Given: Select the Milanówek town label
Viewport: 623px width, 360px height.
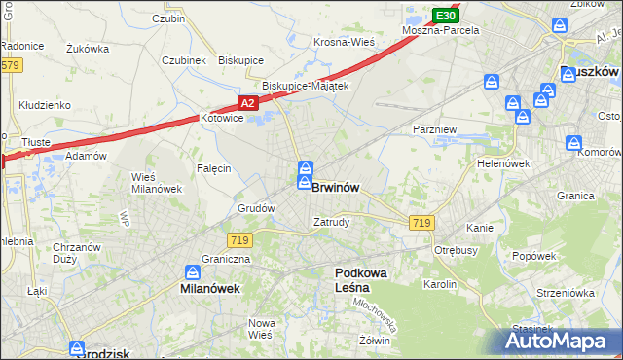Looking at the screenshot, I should click(x=210, y=289).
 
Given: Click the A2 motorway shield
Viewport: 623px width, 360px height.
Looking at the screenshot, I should click(x=247, y=103).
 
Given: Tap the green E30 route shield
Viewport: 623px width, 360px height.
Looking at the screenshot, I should click(x=445, y=16).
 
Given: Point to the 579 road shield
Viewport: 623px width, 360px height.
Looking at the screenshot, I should click(x=10, y=65).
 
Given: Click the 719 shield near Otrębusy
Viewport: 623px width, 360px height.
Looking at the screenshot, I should click(x=421, y=223).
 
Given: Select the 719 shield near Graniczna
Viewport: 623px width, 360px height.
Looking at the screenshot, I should click(x=239, y=239).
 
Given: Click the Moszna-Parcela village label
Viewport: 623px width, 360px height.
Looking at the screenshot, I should click(x=444, y=31).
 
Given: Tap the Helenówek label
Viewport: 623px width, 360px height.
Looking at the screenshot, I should click(x=502, y=163).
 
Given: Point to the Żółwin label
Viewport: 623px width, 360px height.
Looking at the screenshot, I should click(x=374, y=341).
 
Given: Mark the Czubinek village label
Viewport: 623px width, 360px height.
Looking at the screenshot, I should click(x=184, y=59).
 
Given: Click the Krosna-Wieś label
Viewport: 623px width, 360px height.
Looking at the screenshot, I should click(x=344, y=42).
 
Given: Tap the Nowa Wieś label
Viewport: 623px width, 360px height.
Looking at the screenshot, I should click(x=261, y=329).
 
